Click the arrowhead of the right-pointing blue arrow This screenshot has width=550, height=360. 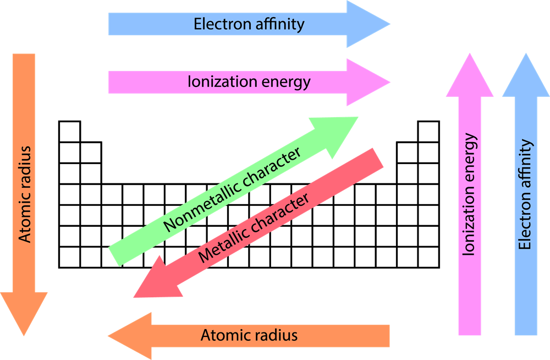(x=366, y=24)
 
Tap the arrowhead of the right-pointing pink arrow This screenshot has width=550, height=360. (x=366, y=83)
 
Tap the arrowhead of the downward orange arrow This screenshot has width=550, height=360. (x=24, y=312)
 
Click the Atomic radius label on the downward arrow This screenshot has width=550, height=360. (x=24, y=194)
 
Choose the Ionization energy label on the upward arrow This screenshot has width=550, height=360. (x=469, y=195)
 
